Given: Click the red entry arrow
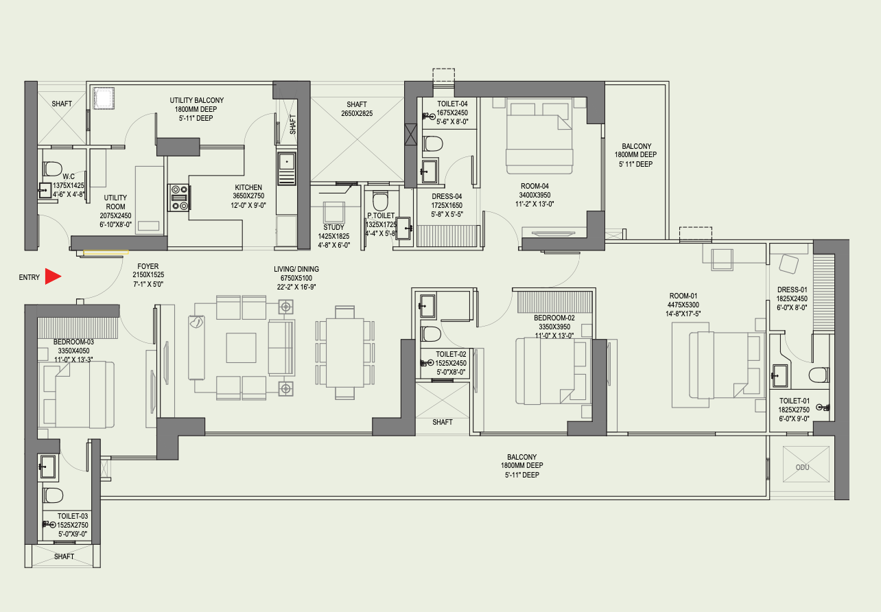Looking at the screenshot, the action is pos(53,276).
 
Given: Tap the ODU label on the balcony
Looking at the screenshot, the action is pos(802,467).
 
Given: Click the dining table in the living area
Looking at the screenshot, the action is pos(345,353).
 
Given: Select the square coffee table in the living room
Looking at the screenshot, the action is pos(241,348).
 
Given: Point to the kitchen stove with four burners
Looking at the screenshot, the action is pos(179,198).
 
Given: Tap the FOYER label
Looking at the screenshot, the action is pos(148,266).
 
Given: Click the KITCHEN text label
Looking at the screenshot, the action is pos(248,187).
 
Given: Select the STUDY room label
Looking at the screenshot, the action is pos(333,227).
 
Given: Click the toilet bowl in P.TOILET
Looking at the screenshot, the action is pos(380,201).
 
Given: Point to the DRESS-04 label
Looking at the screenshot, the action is pos(447,196).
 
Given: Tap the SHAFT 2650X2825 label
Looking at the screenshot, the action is pos(357,109).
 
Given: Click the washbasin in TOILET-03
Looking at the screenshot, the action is pos(48,467).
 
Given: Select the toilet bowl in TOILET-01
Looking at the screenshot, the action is pos(819,375).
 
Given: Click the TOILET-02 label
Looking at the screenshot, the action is pos(451,354).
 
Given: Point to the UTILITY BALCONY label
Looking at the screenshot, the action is pos(197,100).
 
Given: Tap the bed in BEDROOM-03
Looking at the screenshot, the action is pos(79,395).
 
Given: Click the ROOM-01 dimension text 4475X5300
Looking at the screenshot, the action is pos(683,305).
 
